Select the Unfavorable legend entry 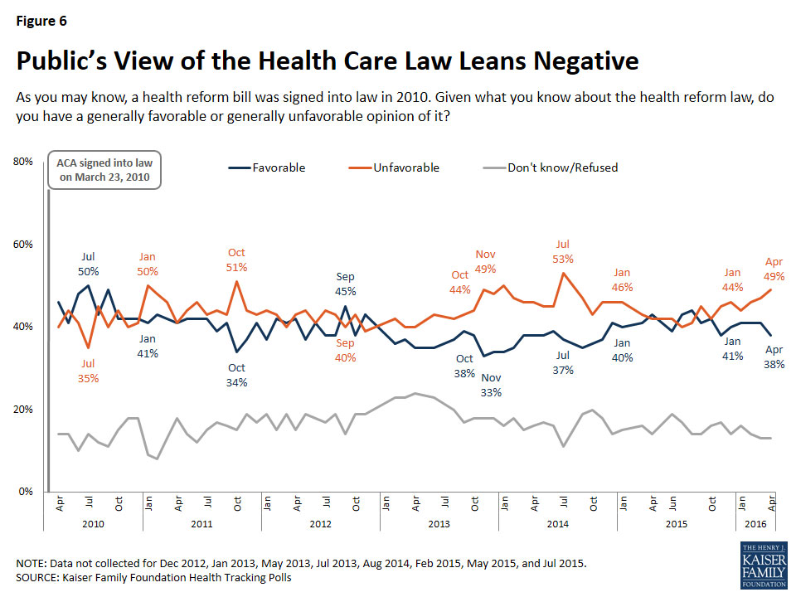click(x=405, y=167)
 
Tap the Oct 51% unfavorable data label click(x=236, y=260)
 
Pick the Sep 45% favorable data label click(x=346, y=284)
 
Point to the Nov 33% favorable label click(x=491, y=386)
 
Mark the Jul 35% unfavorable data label click(x=89, y=371)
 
